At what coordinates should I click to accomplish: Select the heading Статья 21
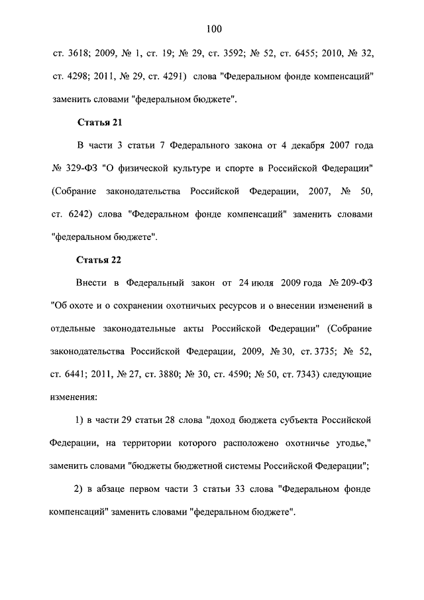point(99,123)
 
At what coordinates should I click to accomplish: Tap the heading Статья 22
point(99,259)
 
